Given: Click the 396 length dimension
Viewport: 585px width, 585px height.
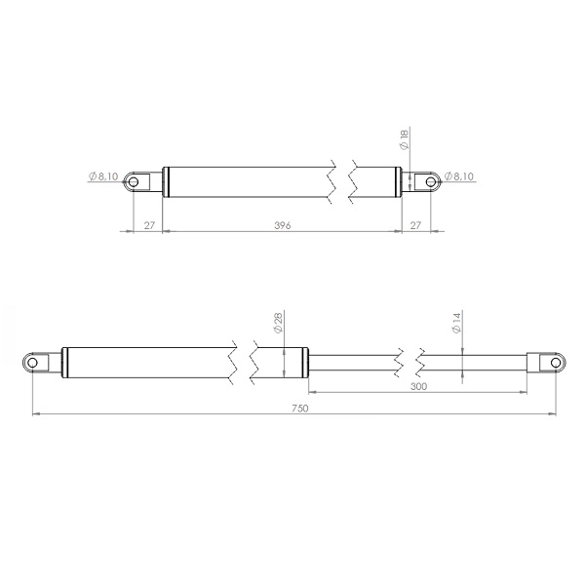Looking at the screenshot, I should click(284, 225).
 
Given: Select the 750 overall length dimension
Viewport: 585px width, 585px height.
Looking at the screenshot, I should click(299, 409).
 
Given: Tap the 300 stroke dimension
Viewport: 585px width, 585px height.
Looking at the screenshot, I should click(418, 386).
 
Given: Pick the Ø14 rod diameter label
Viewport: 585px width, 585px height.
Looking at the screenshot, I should click(455, 324).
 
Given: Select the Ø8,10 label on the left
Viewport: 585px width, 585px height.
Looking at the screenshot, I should click(103, 176).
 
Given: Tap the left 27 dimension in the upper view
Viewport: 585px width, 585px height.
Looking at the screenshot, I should click(148, 225).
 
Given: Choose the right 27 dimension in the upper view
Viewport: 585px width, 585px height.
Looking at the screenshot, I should click(416, 225).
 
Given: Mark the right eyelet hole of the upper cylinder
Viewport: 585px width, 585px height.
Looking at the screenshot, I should click(427, 180).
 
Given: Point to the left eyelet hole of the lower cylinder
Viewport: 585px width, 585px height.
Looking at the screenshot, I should click(34, 362).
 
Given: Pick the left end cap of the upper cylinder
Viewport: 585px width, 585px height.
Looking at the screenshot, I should click(166, 180).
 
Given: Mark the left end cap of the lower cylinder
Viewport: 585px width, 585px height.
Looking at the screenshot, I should click(65, 362).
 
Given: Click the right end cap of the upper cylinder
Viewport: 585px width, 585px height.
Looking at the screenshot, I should click(398, 180).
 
